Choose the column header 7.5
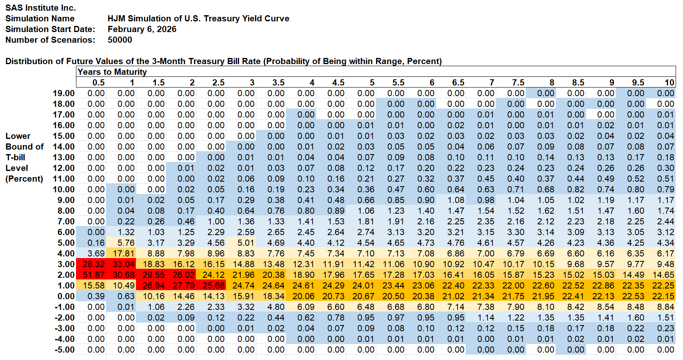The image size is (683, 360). (x=518, y=83)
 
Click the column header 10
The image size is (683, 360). (x=669, y=83)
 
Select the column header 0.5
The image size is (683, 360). (x=99, y=83)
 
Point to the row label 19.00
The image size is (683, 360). (x=64, y=93)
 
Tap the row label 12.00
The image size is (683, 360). (x=64, y=168)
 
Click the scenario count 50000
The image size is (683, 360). (x=120, y=40)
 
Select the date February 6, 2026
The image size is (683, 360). (x=142, y=29)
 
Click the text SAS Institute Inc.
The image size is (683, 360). (x=41, y=8)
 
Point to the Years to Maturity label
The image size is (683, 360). (x=112, y=72)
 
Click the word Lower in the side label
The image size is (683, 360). (x=18, y=136)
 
